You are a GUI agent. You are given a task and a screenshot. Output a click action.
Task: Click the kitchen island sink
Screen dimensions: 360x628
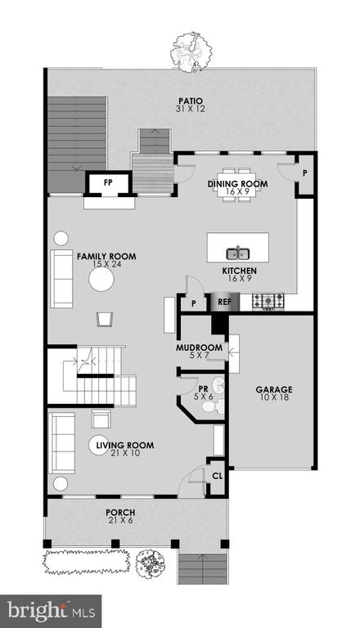238,253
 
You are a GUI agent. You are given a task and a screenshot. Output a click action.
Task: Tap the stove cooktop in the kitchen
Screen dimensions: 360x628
268,301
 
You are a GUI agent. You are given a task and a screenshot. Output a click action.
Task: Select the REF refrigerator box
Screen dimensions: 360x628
225,302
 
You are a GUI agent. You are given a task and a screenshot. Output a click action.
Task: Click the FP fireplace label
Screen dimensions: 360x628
108,182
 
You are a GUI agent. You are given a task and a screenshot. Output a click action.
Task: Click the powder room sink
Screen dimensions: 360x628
218,385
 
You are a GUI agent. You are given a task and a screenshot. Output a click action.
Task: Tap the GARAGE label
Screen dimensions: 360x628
274,389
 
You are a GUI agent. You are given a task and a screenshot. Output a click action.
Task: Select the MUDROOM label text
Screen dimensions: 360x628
200,348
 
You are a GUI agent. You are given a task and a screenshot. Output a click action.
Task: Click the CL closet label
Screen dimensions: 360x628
218,477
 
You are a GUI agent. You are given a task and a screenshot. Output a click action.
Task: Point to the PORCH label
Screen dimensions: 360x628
120,512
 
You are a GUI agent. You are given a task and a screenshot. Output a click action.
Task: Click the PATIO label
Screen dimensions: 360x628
191,101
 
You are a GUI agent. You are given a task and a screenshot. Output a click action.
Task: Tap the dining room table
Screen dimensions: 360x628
238,184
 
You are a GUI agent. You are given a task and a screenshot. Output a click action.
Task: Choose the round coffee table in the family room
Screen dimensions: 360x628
101,280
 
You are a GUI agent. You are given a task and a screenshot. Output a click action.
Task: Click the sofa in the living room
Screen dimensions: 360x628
61,443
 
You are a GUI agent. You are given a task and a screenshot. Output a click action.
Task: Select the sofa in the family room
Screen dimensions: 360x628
61,279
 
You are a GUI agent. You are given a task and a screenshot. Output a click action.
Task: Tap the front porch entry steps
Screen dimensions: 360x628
203,567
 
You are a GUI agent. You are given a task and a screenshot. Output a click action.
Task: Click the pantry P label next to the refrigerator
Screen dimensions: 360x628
193,304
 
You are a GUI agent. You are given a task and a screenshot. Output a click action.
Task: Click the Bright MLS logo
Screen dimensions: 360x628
51,611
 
